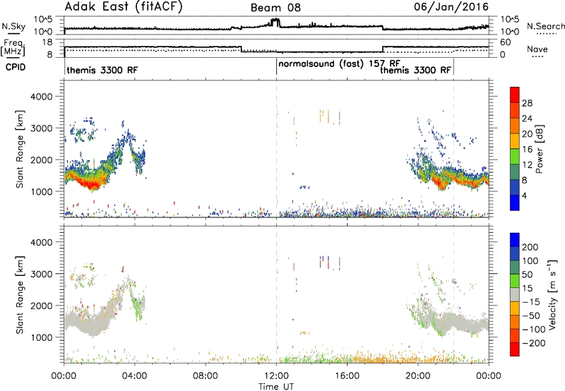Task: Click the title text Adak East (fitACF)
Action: coord(124,6)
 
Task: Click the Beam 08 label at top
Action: coord(275,8)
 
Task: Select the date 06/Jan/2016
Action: coord(451,7)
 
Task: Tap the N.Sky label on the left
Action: coord(13,26)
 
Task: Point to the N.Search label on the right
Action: coord(545,26)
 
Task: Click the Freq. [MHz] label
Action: coord(13,47)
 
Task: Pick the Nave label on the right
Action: coord(537,49)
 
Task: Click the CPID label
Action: coord(16,67)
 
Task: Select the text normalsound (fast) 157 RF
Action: coord(339,64)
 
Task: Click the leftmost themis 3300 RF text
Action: coord(102,70)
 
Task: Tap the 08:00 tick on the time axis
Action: coord(206,376)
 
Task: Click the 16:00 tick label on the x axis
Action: coord(347,376)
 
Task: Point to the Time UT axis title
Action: coord(276,387)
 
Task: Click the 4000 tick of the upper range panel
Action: coord(42,97)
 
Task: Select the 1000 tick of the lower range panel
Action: coord(42,337)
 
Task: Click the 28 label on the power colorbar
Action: coord(527,103)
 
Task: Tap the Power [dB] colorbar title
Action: coord(540,149)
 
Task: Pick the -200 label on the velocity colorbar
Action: coord(534,343)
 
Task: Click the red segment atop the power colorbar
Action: coord(515,95)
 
